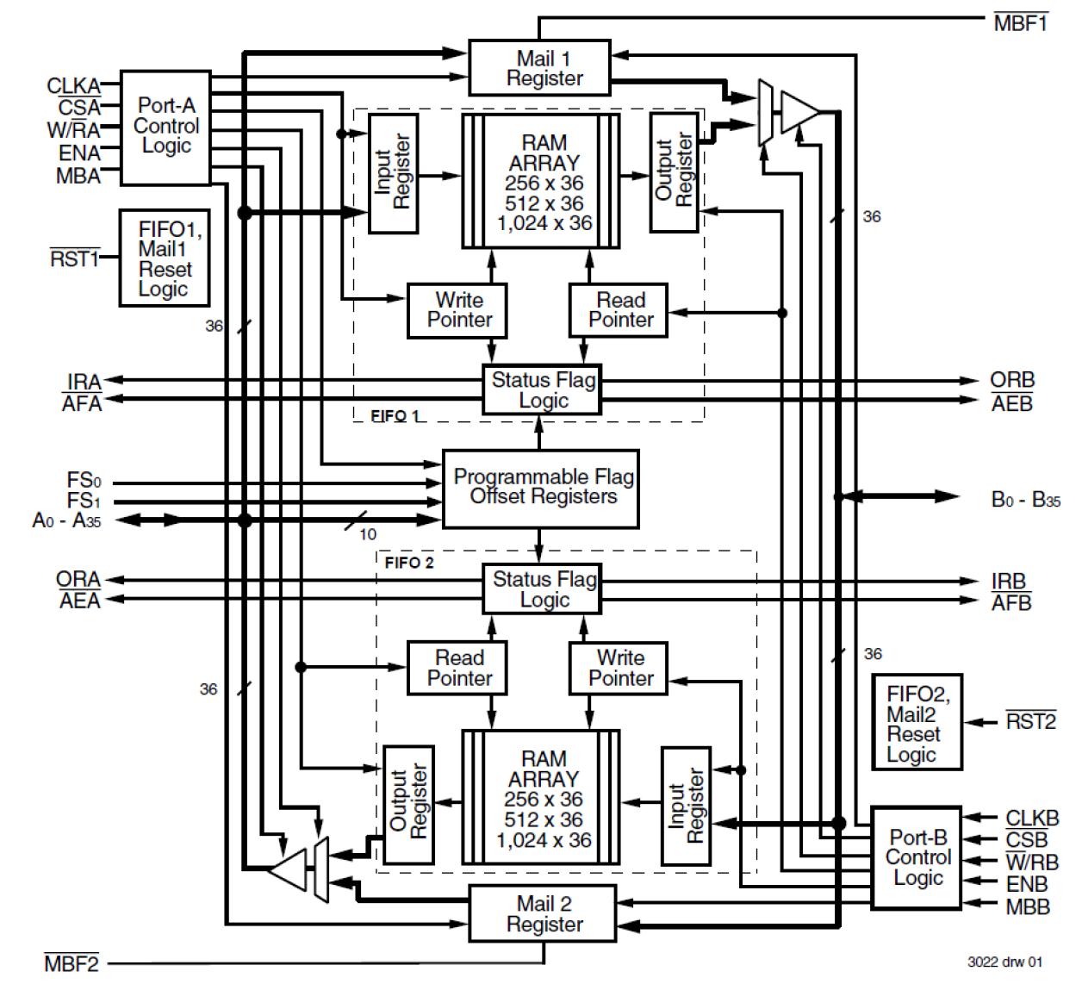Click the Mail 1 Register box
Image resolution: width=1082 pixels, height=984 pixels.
(539, 68)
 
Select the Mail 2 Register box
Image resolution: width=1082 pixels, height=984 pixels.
(543, 913)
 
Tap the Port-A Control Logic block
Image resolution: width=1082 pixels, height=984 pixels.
(165, 128)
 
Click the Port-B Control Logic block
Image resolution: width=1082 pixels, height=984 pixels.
(917, 858)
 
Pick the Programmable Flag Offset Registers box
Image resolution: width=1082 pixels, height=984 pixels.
(541, 488)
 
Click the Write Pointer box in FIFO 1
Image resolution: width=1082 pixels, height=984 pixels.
(457, 310)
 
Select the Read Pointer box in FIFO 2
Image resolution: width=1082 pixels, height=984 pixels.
(457, 669)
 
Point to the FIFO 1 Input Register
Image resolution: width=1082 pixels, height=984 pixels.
(394, 173)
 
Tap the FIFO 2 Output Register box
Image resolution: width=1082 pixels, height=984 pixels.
(408, 805)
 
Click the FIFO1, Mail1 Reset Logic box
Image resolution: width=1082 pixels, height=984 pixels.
(165, 258)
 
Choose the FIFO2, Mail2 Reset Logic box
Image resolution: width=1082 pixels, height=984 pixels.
(917, 722)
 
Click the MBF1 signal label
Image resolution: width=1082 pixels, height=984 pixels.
(1020, 23)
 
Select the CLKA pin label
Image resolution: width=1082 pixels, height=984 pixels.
(73, 86)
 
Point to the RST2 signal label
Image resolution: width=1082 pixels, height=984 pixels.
(1030, 722)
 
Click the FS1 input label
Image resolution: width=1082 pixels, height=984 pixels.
(84, 501)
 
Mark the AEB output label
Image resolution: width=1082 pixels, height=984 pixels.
(1011, 403)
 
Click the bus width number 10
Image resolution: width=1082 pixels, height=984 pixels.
(368, 534)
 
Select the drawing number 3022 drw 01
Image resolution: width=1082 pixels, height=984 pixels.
(1004, 962)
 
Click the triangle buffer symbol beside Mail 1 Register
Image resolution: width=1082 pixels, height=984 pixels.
(799, 112)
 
